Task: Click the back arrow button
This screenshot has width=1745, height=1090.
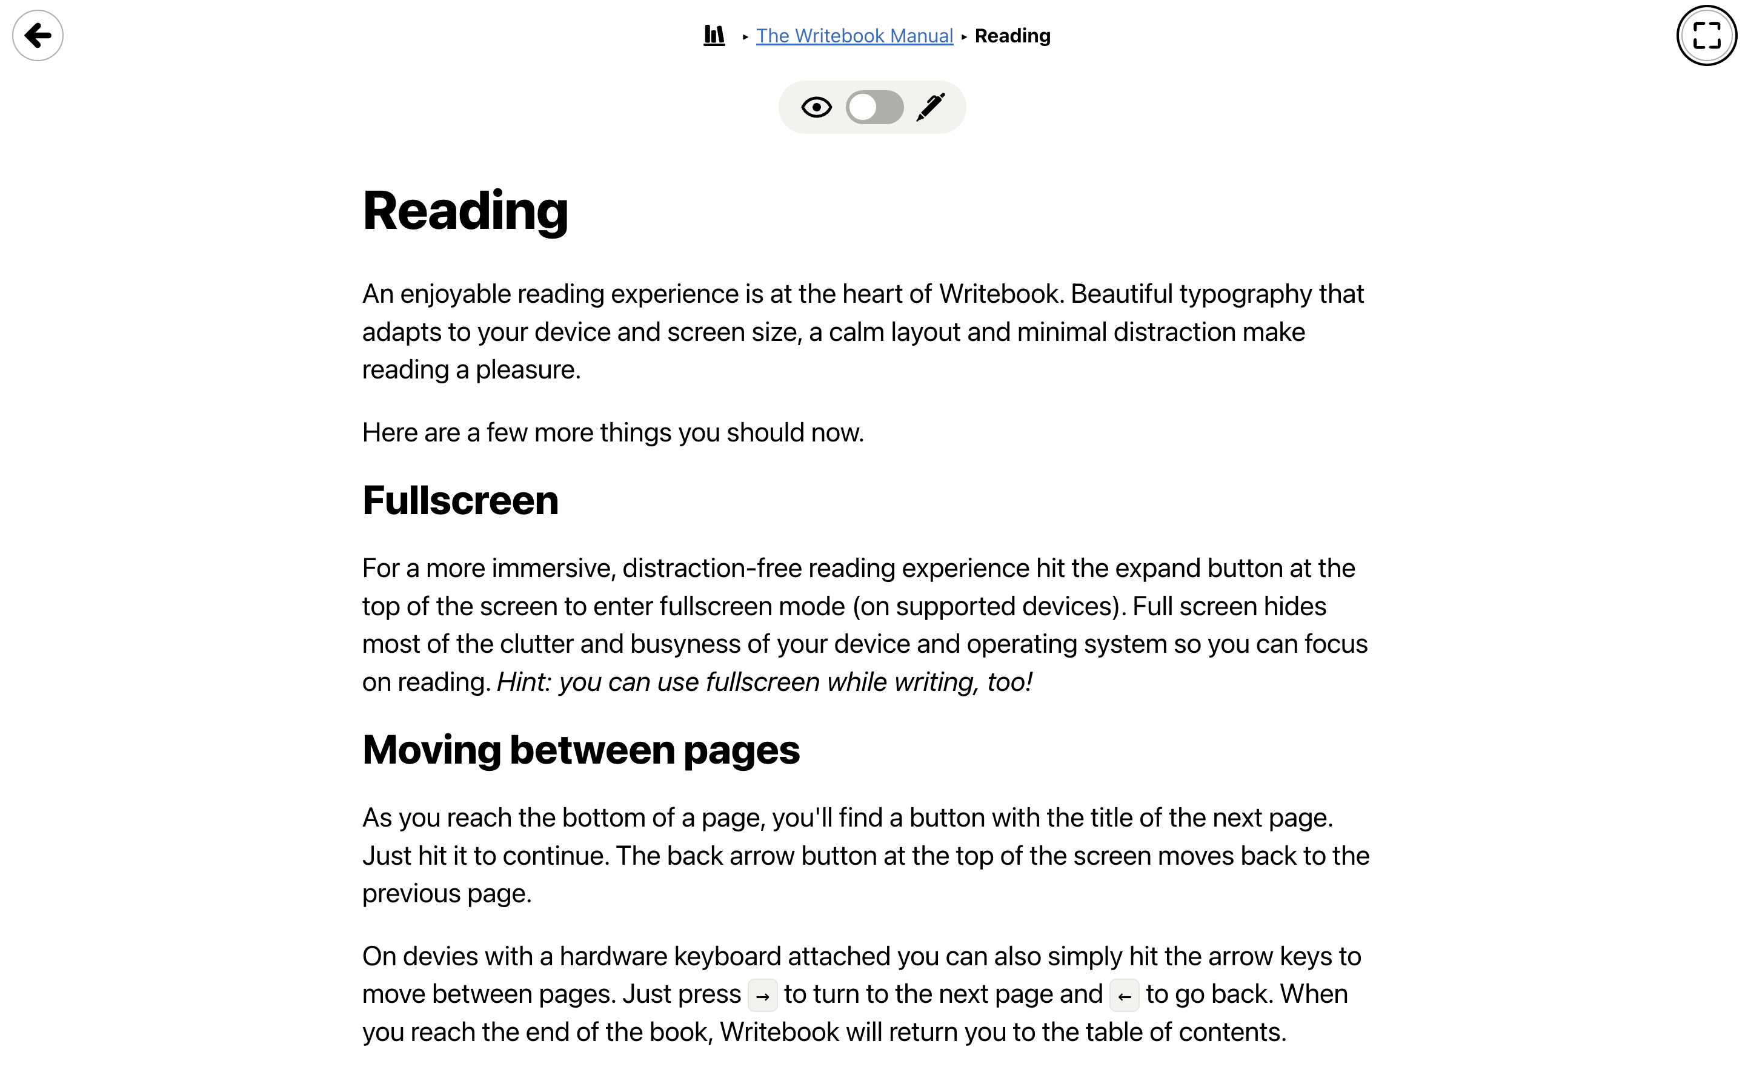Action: [x=38, y=35]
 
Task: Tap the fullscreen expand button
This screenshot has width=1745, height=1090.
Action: [x=1706, y=35]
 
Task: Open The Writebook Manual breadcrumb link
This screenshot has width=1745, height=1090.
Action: [x=854, y=36]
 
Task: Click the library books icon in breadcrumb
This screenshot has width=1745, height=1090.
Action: [x=714, y=35]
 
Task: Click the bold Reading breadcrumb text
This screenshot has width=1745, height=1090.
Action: [x=1012, y=36]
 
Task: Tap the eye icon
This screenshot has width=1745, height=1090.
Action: [x=816, y=107]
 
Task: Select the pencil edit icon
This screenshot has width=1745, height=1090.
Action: [x=930, y=107]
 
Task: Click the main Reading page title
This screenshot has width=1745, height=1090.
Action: [x=465, y=211]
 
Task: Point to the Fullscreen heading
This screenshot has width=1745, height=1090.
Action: [x=460, y=500]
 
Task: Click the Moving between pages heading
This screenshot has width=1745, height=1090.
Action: [x=580, y=750]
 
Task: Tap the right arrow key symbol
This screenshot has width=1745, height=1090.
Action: [x=762, y=996]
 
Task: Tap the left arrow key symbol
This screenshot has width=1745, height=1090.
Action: [x=1124, y=996]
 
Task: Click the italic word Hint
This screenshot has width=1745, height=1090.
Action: [x=523, y=682]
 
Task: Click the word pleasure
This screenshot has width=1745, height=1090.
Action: [x=527, y=370]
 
